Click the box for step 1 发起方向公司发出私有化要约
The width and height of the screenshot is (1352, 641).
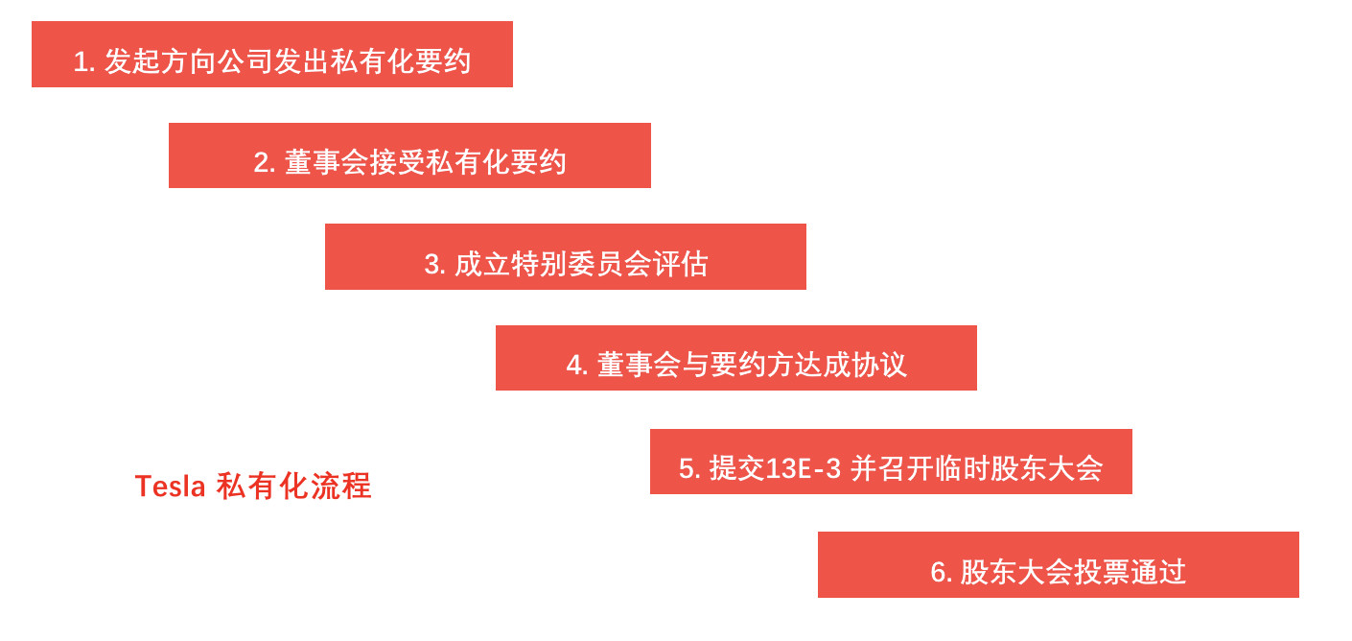[272, 55]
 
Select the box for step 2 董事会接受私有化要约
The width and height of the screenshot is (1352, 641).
[409, 155]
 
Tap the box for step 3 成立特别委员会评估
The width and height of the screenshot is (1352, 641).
[566, 257]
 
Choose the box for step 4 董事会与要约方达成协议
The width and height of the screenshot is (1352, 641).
[736, 358]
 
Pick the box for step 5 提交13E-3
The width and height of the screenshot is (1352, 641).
[891, 462]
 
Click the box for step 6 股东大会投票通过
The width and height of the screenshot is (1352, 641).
[1059, 565]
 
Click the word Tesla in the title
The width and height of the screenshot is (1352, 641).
[170, 487]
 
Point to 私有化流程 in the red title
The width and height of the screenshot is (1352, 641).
[293, 487]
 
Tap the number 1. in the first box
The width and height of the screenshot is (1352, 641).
[84, 62]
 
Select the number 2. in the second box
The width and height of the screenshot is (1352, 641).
[265, 163]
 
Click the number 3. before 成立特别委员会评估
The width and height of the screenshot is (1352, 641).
[435, 265]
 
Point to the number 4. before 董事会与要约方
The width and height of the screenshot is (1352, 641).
[577, 366]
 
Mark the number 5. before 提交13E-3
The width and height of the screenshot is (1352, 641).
[689, 469]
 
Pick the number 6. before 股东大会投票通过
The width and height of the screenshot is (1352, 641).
[941, 573]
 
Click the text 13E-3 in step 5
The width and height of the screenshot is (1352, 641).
[804, 469]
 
